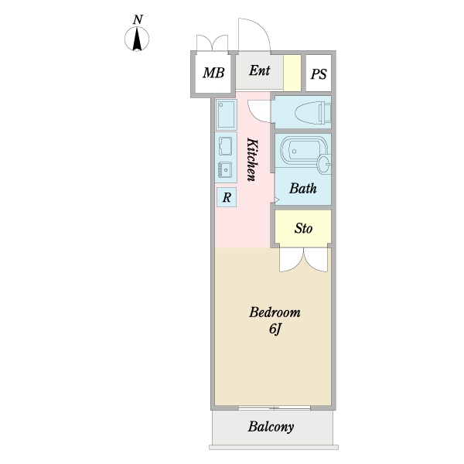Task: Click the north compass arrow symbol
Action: tap(138, 39)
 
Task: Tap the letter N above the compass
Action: tap(138, 19)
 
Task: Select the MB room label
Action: tap(213, 73)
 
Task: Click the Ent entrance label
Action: tap(259, 70)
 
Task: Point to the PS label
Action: tap(319, 74)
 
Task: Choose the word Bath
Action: tap(302, 188)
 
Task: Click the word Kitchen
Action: tap(251, 159)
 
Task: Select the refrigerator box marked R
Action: tap(227, 198)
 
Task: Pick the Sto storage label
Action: tap(303, 228)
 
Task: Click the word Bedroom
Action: tap(274, 313)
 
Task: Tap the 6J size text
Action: tap(274, 330)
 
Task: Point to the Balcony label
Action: tap(271, 427)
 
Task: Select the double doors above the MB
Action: tap(212, 43)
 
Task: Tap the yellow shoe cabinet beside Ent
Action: tap(292, 73)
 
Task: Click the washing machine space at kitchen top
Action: tap(227, 114)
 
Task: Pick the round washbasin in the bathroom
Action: tap(325, 163)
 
